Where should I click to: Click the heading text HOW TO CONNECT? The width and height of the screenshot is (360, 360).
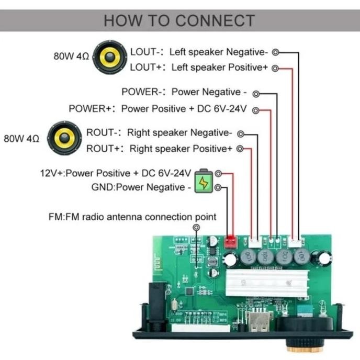point(179,20)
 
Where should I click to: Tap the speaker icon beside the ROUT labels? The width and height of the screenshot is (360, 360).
point(64,138)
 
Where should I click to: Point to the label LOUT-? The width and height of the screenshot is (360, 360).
point(145,52)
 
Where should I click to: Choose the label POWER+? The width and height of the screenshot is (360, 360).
point(92,109)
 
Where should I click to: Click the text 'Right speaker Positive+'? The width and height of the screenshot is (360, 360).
point(181,149)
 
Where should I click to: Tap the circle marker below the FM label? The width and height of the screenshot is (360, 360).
point(196,228)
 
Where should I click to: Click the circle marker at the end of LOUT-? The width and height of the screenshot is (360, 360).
point(275,52)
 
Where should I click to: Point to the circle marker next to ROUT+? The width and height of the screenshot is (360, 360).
point(240,149)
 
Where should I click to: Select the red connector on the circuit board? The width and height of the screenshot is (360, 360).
point(230,241)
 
